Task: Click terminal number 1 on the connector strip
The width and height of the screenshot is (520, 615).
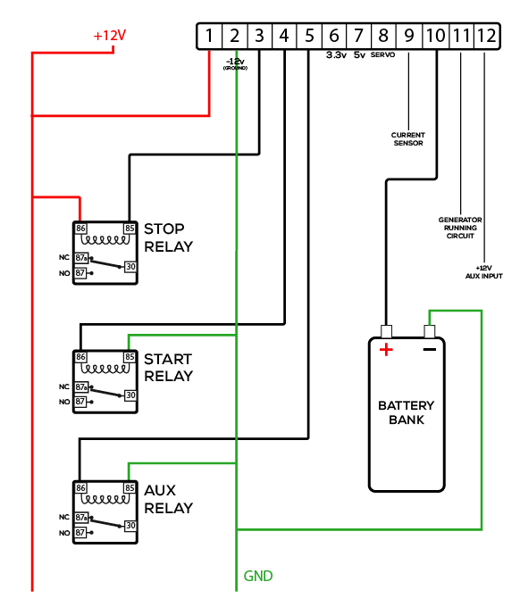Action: (x=208, y=37)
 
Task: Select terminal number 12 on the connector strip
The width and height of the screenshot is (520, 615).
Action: (x=485, y=37)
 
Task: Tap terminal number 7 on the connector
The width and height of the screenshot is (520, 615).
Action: (x=358, y=37)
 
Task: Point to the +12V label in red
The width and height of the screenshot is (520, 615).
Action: (x=110, y=37)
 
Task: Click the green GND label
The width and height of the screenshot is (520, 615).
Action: (x=258, y=576)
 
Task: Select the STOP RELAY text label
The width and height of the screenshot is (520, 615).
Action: (x=168, y=237)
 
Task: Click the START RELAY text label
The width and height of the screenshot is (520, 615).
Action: (x=168, y=367)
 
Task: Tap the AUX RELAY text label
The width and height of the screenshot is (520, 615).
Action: (x=168, y=499)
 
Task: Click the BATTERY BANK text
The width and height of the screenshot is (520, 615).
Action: (x=407, y=412)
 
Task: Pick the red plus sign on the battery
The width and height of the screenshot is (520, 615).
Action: (x=386, y=350)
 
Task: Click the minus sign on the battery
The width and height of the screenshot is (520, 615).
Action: (x=430, y=349)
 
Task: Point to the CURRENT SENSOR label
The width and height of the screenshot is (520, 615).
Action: (x=407, y=139)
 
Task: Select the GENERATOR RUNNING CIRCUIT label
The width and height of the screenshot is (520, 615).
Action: (x=460, y=228)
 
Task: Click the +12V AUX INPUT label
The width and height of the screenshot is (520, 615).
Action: (x=484, y=271)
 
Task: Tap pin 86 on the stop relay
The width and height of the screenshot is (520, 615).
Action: (x=81, y=228)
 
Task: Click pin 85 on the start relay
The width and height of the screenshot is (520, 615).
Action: (x=130, y=357)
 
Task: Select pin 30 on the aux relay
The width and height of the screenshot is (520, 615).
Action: (x=130, y=526)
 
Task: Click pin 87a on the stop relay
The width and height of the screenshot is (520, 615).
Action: (x=80, y=257)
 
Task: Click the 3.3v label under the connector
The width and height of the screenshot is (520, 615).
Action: (x=336, y=55)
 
